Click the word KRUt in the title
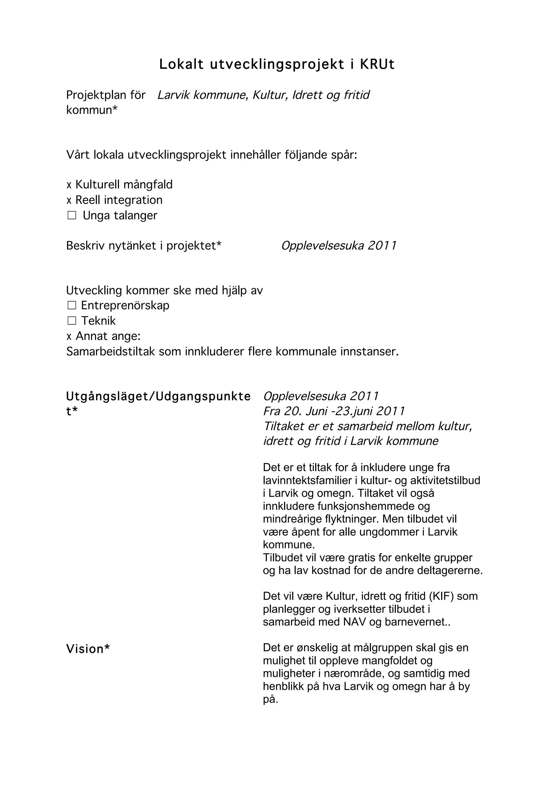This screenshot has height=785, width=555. point(377,64)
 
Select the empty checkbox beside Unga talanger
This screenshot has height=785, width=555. point(72,215)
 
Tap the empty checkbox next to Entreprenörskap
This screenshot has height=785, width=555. point(72,305)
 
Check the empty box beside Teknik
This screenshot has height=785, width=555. point(72,321)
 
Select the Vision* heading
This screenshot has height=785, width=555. point(88,649)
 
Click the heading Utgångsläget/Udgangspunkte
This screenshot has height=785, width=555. point(158,396)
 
